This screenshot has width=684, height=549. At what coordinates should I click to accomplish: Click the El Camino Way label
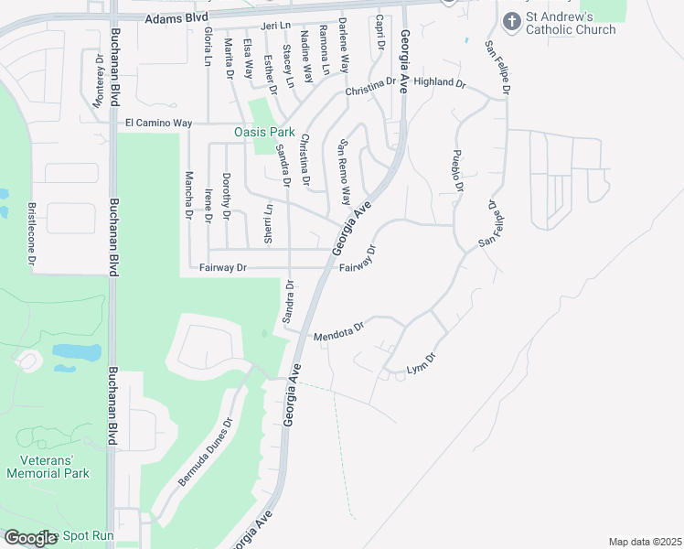pyautogui.click(x=158, y=123)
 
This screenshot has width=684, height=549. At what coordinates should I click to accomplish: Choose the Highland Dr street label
pyautogui.click(x=440, y=82)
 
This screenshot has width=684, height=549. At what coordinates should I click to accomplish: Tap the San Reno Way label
pyautogui.click(x=345, y=171)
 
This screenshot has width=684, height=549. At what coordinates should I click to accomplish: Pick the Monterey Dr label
pyautogui.click(x=99, y=81)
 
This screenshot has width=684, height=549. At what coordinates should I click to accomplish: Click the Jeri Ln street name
pyautogui.click(x=273, y=27)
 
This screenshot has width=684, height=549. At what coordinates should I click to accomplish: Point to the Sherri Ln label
pyautogui.click(x=268, y=220)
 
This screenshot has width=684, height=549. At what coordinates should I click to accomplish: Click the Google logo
pyautogui.click(x=31, y=538)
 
